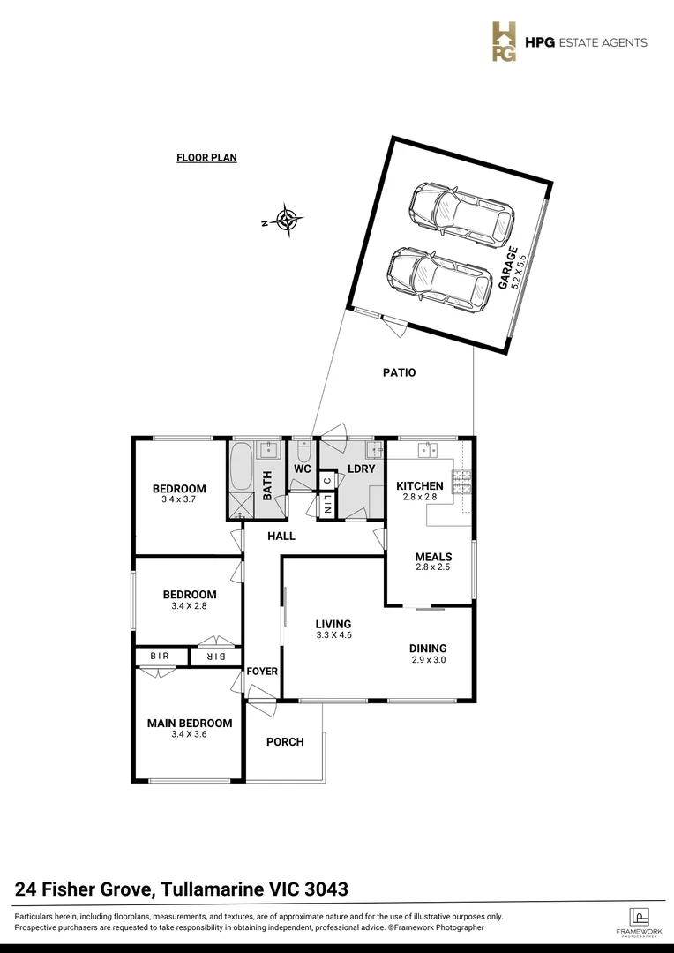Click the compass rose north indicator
[287, 221]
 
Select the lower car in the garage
[439, 278]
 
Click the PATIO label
[400, 373]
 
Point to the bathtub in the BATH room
[241, 467]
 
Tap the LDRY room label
[362, 469]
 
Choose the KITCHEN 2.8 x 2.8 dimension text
[419, 498]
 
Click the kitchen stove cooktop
[462, 482]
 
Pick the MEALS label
[433, 557]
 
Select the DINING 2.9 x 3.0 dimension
[429, 659]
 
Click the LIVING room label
[333, 624]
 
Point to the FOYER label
[262, 672]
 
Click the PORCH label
[285, 742]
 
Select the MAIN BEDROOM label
[189, 724]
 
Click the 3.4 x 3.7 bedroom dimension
[179, 499]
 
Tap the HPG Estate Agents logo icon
[505, 42]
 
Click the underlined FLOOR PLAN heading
[206, 158]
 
